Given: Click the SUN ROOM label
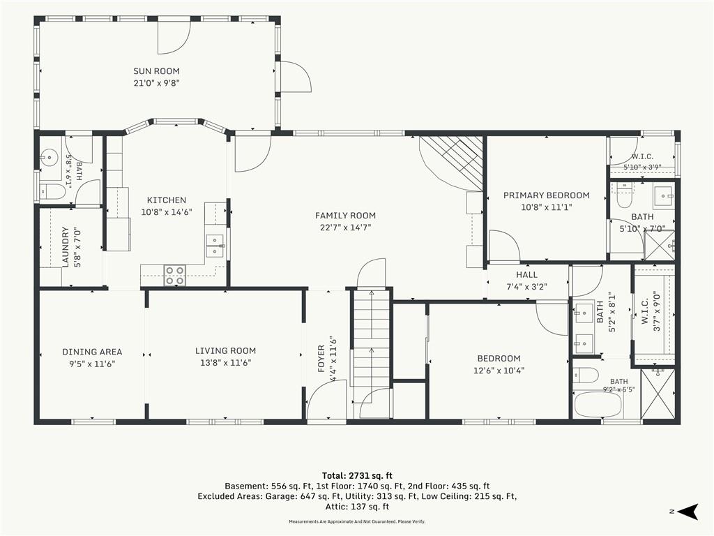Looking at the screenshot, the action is [156, 71].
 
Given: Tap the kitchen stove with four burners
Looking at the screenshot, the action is [175, 275].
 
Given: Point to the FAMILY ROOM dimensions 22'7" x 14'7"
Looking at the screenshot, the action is [345, 228].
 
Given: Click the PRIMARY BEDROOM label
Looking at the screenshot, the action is [547, 195].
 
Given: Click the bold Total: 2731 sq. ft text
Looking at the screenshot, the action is [357, 476].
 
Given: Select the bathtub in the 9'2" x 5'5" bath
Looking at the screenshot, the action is [598, 404].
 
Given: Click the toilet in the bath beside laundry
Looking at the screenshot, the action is [52, 191].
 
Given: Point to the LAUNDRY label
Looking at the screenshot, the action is [65, 247].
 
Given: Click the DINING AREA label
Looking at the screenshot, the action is [92, 352].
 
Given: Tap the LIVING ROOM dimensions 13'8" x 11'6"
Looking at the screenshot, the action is [225, 363].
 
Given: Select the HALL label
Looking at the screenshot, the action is [527, 275].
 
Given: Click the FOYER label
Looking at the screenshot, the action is [321, 359].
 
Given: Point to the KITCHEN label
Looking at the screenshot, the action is [167, 200].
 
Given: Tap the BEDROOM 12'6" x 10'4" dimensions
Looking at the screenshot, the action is [499, 371].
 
